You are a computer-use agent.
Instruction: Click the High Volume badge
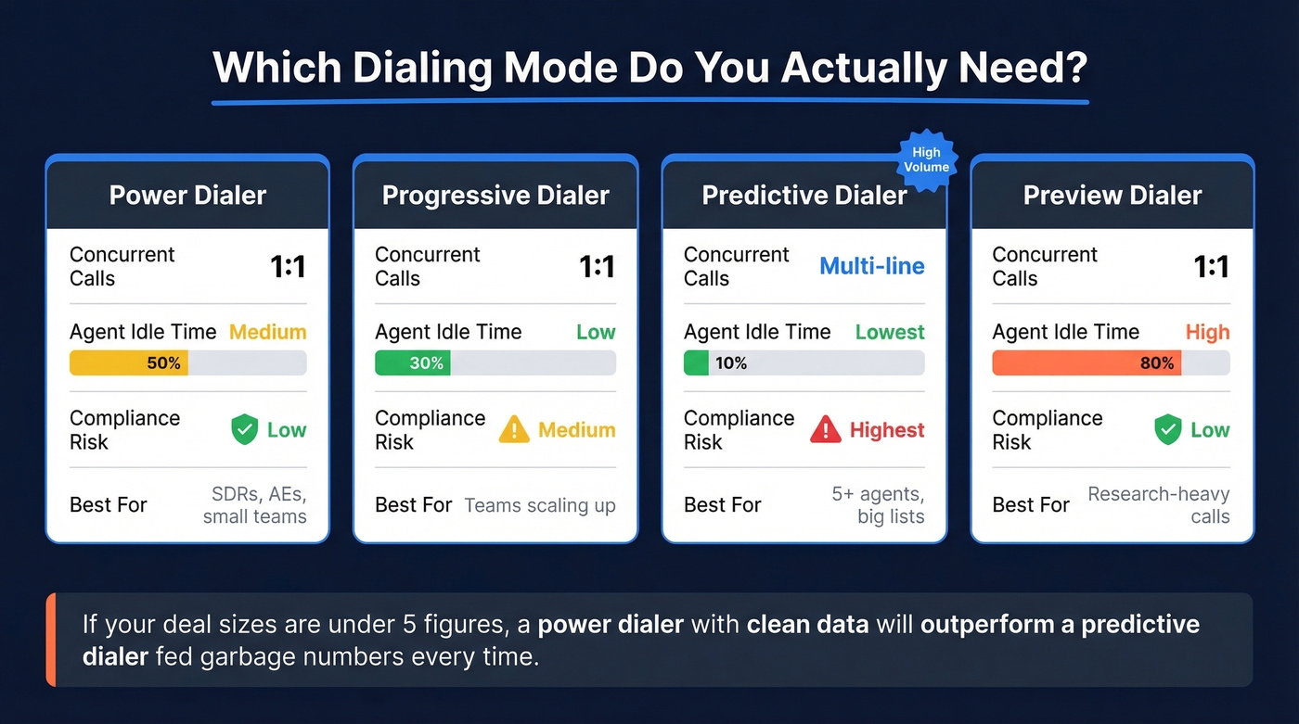(926, 159)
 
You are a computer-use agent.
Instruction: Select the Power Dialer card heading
(187, 196)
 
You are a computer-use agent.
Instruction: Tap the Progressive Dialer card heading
(495, 196)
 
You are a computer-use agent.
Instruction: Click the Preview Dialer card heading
(1113, 196)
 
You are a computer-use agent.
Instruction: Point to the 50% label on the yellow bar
(163, 363)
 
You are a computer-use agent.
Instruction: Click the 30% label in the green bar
(426, 363)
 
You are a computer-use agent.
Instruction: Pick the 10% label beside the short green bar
(731, 363)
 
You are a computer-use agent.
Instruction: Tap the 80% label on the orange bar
(1157, 363)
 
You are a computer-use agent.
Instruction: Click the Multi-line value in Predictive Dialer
(872, 267)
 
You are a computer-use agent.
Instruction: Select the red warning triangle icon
(826, 430)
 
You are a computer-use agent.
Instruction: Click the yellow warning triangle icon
(514, 430)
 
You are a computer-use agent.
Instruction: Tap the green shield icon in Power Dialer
(244, 430)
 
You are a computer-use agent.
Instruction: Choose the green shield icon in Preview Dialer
(1167, 430)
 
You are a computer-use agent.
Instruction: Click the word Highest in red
(887, 430)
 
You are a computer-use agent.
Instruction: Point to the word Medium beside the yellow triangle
(577, 430)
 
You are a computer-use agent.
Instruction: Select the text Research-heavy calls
(1159, 505)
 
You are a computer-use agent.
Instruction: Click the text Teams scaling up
(540, 505)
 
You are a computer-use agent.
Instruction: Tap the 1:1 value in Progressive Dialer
(597, 267)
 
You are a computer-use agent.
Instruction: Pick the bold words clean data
(807, 624)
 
